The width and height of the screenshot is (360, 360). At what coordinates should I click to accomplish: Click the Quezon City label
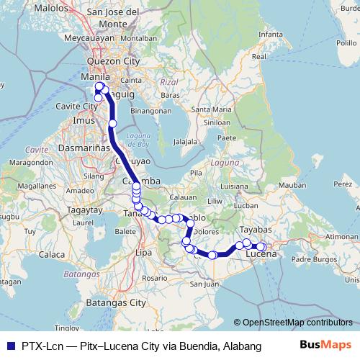[112, 62]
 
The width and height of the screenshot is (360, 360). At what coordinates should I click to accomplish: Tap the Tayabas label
[253, 230]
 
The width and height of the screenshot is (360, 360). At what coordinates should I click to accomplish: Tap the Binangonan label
[150, 112]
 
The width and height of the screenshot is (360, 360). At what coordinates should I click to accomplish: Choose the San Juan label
[204, 284]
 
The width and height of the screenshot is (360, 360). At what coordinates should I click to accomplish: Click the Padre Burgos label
[311, 258]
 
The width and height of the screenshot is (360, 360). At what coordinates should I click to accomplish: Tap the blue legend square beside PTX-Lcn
[9, 346]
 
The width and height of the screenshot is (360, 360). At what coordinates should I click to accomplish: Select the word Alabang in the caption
[243, 346]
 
